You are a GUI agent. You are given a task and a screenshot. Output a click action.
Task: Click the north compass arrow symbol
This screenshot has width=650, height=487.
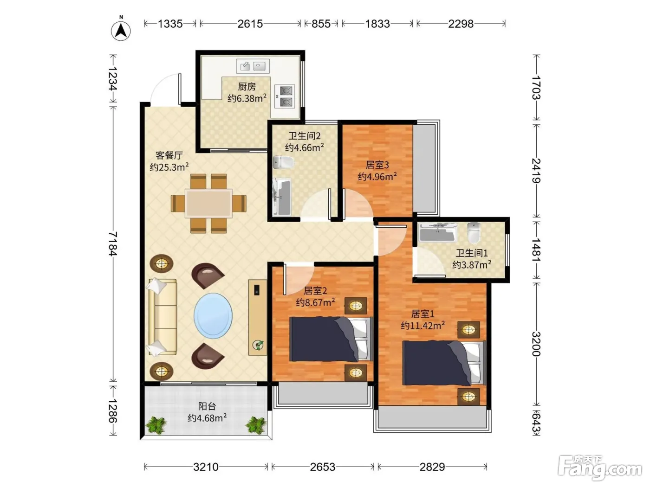(121, 31)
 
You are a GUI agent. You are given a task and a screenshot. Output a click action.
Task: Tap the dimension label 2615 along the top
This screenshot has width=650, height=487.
(250, 24)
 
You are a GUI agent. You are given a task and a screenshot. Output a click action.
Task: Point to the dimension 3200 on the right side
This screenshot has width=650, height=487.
(536, 344)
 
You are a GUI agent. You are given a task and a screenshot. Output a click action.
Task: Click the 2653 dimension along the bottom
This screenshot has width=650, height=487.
(323, 467)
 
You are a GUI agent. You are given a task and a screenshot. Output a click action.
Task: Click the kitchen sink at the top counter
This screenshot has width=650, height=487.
(253, 66)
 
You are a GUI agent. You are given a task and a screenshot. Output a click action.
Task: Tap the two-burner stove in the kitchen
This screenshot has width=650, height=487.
(285, 96)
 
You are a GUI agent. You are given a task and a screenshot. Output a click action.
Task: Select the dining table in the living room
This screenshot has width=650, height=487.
(208, 204)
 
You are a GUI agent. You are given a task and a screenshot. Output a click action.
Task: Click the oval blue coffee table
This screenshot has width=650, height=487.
(213, 315)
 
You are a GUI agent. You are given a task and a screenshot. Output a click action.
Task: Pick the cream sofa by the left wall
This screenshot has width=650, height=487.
(162, 317)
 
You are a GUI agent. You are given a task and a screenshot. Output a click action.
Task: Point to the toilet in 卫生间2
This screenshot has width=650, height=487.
(283, 162)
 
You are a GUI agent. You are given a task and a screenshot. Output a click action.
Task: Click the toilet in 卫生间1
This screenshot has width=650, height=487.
(474, 232)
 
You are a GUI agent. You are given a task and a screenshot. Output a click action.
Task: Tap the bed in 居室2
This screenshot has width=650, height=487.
(331, 340)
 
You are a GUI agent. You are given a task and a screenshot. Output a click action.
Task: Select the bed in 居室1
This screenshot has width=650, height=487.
(443, 363)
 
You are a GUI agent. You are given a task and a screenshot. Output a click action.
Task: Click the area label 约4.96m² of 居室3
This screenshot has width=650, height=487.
(377, 177)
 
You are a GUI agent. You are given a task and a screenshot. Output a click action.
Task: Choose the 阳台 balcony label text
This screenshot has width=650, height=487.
(207, 406)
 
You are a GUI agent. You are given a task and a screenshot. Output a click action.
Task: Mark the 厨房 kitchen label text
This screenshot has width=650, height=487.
(247, 87)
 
